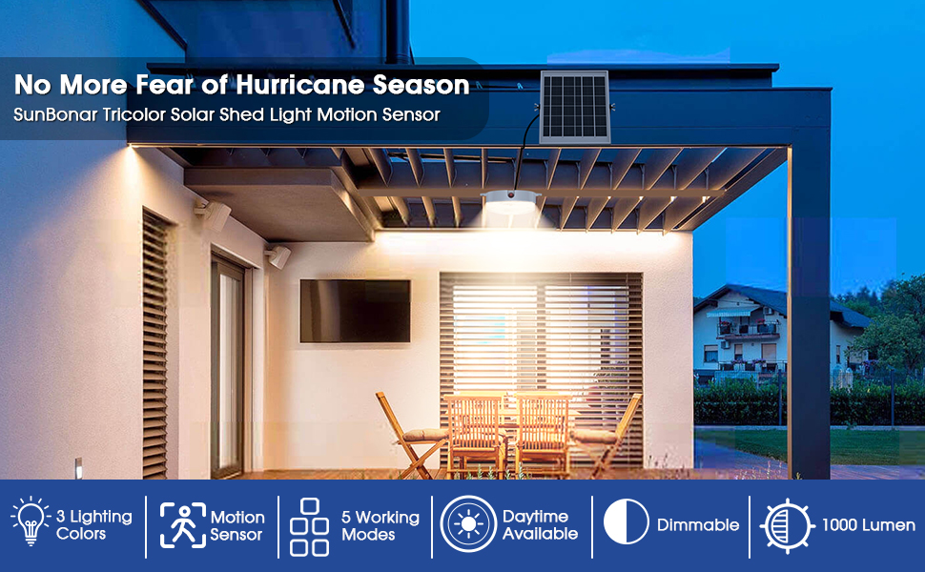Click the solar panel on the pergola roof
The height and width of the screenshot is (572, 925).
coord(575,107)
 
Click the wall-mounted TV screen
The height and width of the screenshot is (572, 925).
coord(355,311)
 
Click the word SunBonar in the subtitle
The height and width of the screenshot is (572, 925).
coord(55,114)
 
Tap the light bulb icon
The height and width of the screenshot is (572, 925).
coord(31,521)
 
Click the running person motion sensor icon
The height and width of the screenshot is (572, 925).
coord(183,525)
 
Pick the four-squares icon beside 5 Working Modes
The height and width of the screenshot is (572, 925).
coord(309,527)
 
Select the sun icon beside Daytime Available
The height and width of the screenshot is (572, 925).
coord(469,524)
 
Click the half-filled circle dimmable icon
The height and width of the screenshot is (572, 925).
coord(626,521)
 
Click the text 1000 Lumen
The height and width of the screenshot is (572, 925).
coord(869,525)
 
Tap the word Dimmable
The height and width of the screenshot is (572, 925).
coord(698,525)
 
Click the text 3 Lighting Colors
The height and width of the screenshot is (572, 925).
coord(94,525)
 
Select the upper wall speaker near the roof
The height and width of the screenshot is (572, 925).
coord(214,214)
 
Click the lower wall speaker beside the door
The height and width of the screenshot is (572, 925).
coord(278,256)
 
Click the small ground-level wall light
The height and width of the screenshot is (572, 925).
coord(78,468)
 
